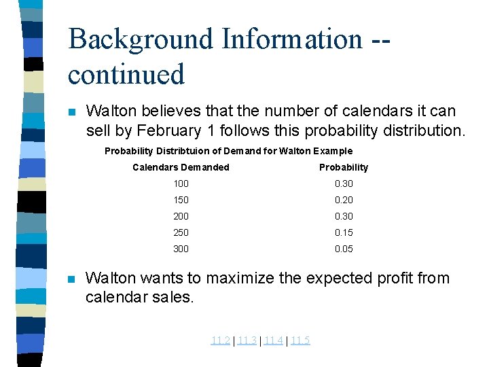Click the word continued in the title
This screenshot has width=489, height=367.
click(126, 73)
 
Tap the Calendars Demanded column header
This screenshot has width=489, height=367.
click(181, 167)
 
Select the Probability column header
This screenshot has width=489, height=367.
click(344, 167)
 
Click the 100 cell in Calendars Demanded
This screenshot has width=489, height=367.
click(181, 183)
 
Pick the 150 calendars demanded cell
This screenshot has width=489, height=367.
click(181, 200)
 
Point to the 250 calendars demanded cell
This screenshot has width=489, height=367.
click(181, 232)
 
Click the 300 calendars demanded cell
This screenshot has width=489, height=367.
click(181, 249)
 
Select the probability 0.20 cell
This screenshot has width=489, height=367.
click(344, 200)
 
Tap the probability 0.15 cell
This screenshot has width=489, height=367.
click(344, 232)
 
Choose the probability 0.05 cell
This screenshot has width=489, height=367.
click(344, 249)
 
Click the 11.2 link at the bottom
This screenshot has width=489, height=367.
click(220, 340)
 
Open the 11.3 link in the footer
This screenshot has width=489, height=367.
click(247, 340)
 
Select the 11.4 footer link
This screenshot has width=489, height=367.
click(274, 340)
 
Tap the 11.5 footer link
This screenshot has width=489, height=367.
click(300, 340)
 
